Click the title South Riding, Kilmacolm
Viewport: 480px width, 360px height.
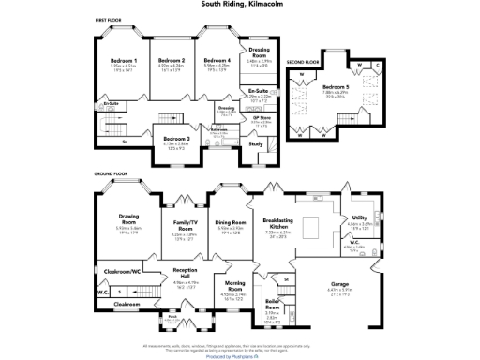click(239, 4)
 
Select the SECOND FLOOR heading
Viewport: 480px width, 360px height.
click(303, 62)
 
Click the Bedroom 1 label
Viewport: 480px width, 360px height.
click(124, 60)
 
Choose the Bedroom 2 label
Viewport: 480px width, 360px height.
click(170, 60)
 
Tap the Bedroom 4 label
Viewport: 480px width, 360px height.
click(217, 60)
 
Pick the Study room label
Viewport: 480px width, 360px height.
click(255, 143)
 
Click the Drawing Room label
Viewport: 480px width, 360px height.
click(128, 222)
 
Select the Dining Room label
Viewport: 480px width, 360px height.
click(231, 222)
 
